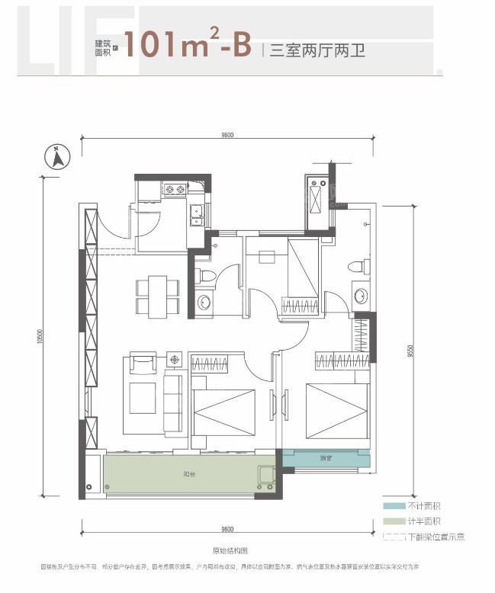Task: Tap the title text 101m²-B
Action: pyautogui.click(x=188, y=46)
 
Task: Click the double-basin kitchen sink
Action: pyautogui.click(x=196, y=216)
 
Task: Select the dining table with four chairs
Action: pyautogui.click(x=157, y=296)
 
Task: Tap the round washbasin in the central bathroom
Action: pyautogui.click(x=204, y=303)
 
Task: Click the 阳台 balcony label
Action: pyautogui.click(x=188, y=473)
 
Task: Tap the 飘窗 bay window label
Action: pyautogui.click(x=326, y=459)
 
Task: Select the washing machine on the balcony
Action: pyautogui.click(x=267, y=476)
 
